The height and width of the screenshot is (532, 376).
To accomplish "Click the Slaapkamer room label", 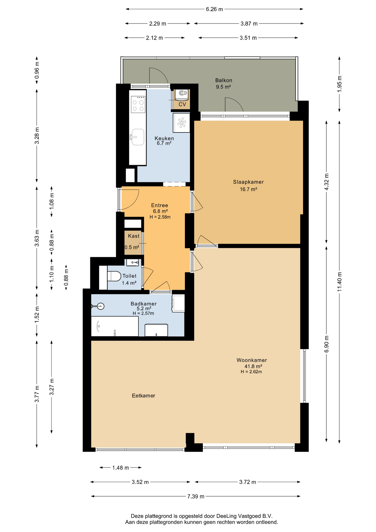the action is coord(248,182).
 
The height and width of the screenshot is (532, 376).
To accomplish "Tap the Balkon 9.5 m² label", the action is coord(223,83).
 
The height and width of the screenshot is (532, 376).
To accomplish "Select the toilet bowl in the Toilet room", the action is coord(114,276).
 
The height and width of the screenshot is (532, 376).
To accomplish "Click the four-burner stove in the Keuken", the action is coord(138,104).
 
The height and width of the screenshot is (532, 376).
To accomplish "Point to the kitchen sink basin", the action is coord(138,137).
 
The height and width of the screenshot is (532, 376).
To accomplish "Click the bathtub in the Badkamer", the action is coord(115,326).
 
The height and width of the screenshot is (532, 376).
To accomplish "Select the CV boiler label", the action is coord(182,104).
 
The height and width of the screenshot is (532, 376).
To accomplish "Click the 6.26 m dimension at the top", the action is coord(214,9).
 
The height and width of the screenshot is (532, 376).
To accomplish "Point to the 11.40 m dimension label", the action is coord(339,282).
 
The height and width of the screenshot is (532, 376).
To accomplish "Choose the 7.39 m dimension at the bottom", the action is coord(196,496).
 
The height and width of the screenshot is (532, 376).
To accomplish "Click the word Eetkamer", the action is coord(143,396).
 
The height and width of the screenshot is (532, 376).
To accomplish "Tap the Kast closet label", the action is coord(134,236).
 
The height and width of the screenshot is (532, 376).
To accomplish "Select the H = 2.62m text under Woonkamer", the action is coord(251,372).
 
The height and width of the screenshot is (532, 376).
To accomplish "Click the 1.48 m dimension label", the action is coord(120,468).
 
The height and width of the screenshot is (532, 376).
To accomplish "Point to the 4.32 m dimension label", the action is coord(326,182).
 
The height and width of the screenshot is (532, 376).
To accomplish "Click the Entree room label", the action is coord(159,205).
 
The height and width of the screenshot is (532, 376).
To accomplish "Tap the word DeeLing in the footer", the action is coord(226,516).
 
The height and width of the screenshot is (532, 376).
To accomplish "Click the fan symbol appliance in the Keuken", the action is coord(182,123).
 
